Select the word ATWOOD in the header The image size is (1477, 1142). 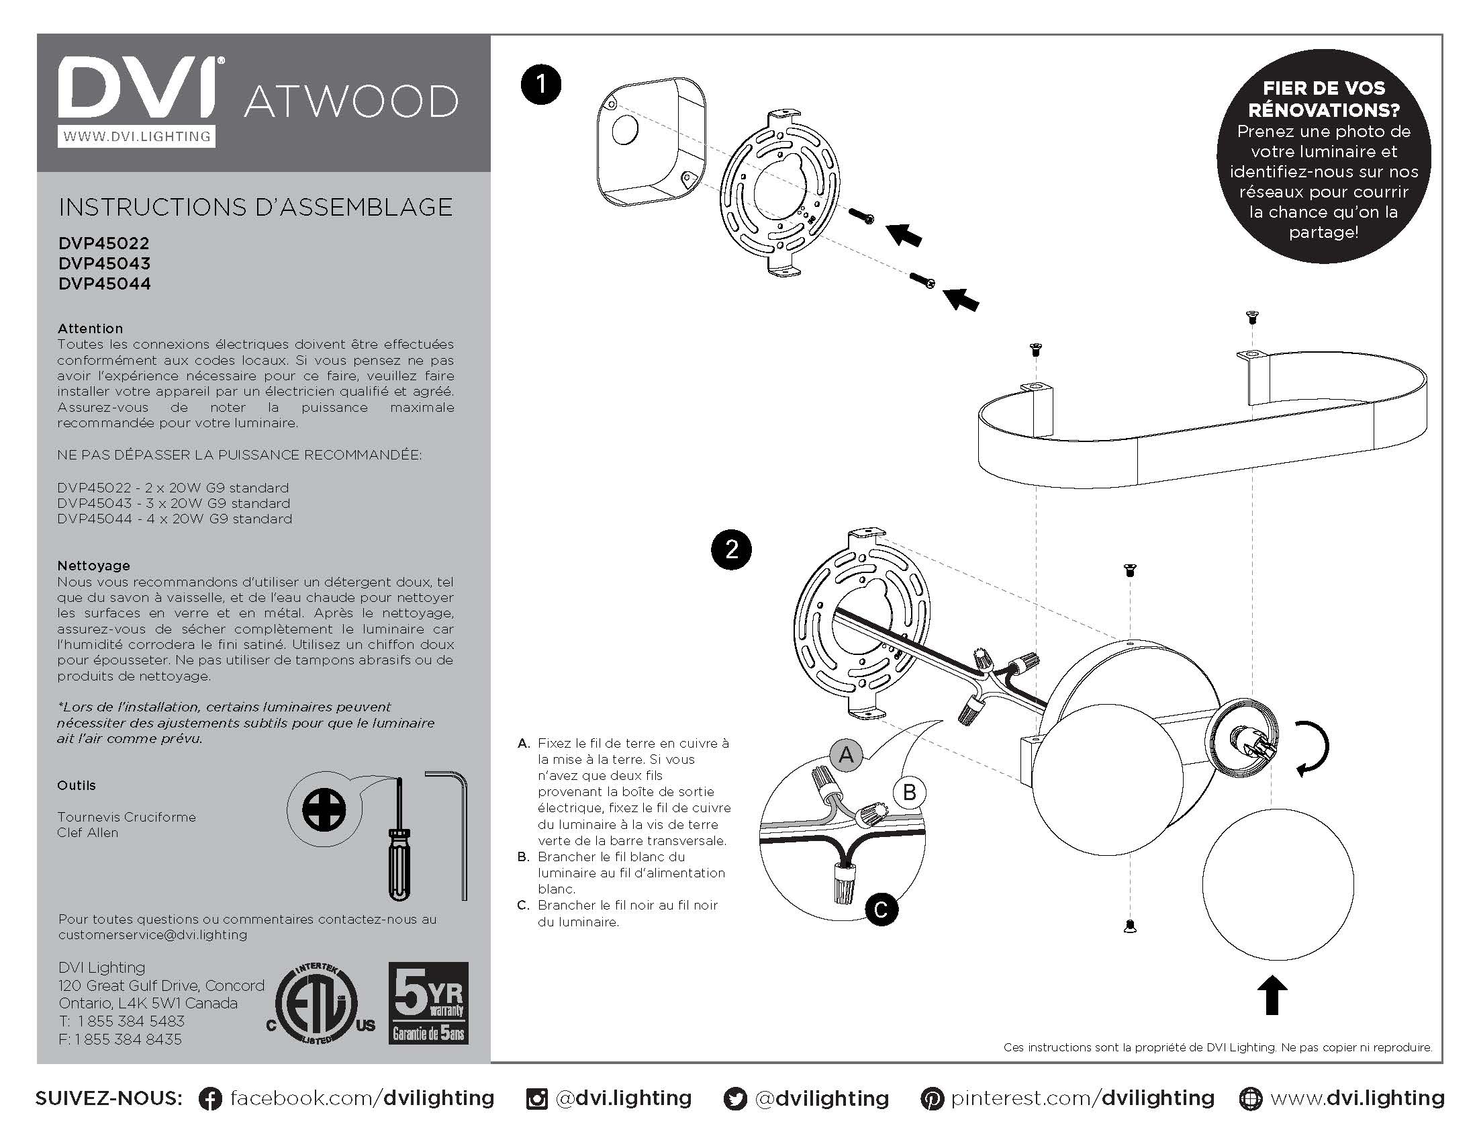[x=350, y=102]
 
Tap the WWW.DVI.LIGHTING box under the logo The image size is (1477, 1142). [x=136, y=136]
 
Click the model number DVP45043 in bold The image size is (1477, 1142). [x=104, y=263]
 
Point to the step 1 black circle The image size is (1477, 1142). [x=541, y=85]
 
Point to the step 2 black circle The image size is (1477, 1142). [x=732, y=549]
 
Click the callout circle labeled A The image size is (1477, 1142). [x=845, y=754]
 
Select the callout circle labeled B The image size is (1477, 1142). [x=910, y=791]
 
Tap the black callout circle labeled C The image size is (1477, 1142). [x=881, y=910]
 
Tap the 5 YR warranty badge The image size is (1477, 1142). [x=428, y=1004]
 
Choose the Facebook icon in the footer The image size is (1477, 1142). [x=210, y=1099]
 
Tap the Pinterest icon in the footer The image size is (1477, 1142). [x=932, y=1099]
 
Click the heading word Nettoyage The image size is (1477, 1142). [x=93, y=566]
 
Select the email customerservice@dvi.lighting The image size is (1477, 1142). [x=153, y=935]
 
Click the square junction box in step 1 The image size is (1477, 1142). [x=651, y=140]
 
